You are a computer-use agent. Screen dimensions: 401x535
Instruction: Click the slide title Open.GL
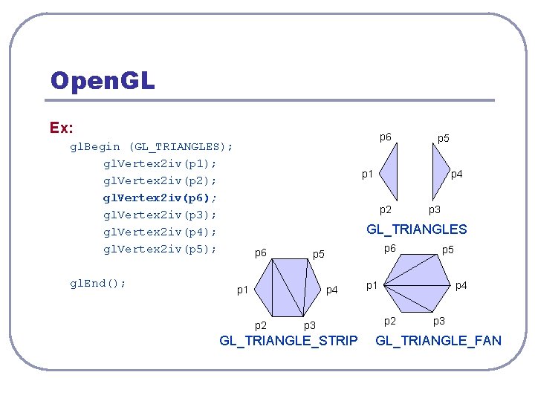pos(103,80)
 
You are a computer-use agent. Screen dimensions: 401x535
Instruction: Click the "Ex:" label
pos(61,127)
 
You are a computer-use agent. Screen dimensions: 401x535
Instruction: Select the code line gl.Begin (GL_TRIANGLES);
pos(151,146)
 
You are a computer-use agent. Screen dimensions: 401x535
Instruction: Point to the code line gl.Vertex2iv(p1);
pos(160,163)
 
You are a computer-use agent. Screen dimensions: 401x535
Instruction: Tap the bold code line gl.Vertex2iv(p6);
pos(160,198)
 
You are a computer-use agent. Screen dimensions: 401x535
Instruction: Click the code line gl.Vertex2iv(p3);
pos(160,215)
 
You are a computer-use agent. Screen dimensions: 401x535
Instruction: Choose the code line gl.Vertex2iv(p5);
pos(160,249)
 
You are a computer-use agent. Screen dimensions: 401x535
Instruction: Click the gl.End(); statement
pos(97,283)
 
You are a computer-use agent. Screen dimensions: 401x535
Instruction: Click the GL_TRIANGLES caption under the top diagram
pos(417,229)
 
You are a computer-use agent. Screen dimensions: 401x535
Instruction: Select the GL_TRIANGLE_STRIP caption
pos(288,341)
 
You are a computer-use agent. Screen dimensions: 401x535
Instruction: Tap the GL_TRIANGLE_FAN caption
pos(438,341)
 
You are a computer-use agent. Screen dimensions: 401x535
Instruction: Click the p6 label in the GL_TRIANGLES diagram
pos(386,137)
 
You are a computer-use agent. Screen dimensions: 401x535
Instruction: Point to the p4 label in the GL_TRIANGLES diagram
pos(458,175)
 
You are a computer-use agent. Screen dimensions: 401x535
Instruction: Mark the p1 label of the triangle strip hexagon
pos(242,290)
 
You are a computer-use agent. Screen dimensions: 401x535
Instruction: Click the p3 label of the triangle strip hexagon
pos(309,325)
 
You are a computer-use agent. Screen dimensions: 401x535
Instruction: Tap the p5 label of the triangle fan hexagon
pos(448,250)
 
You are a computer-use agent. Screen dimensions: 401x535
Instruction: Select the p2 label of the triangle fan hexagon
pos(389,321)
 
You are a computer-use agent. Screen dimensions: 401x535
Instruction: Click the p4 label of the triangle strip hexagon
pos(333,290)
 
